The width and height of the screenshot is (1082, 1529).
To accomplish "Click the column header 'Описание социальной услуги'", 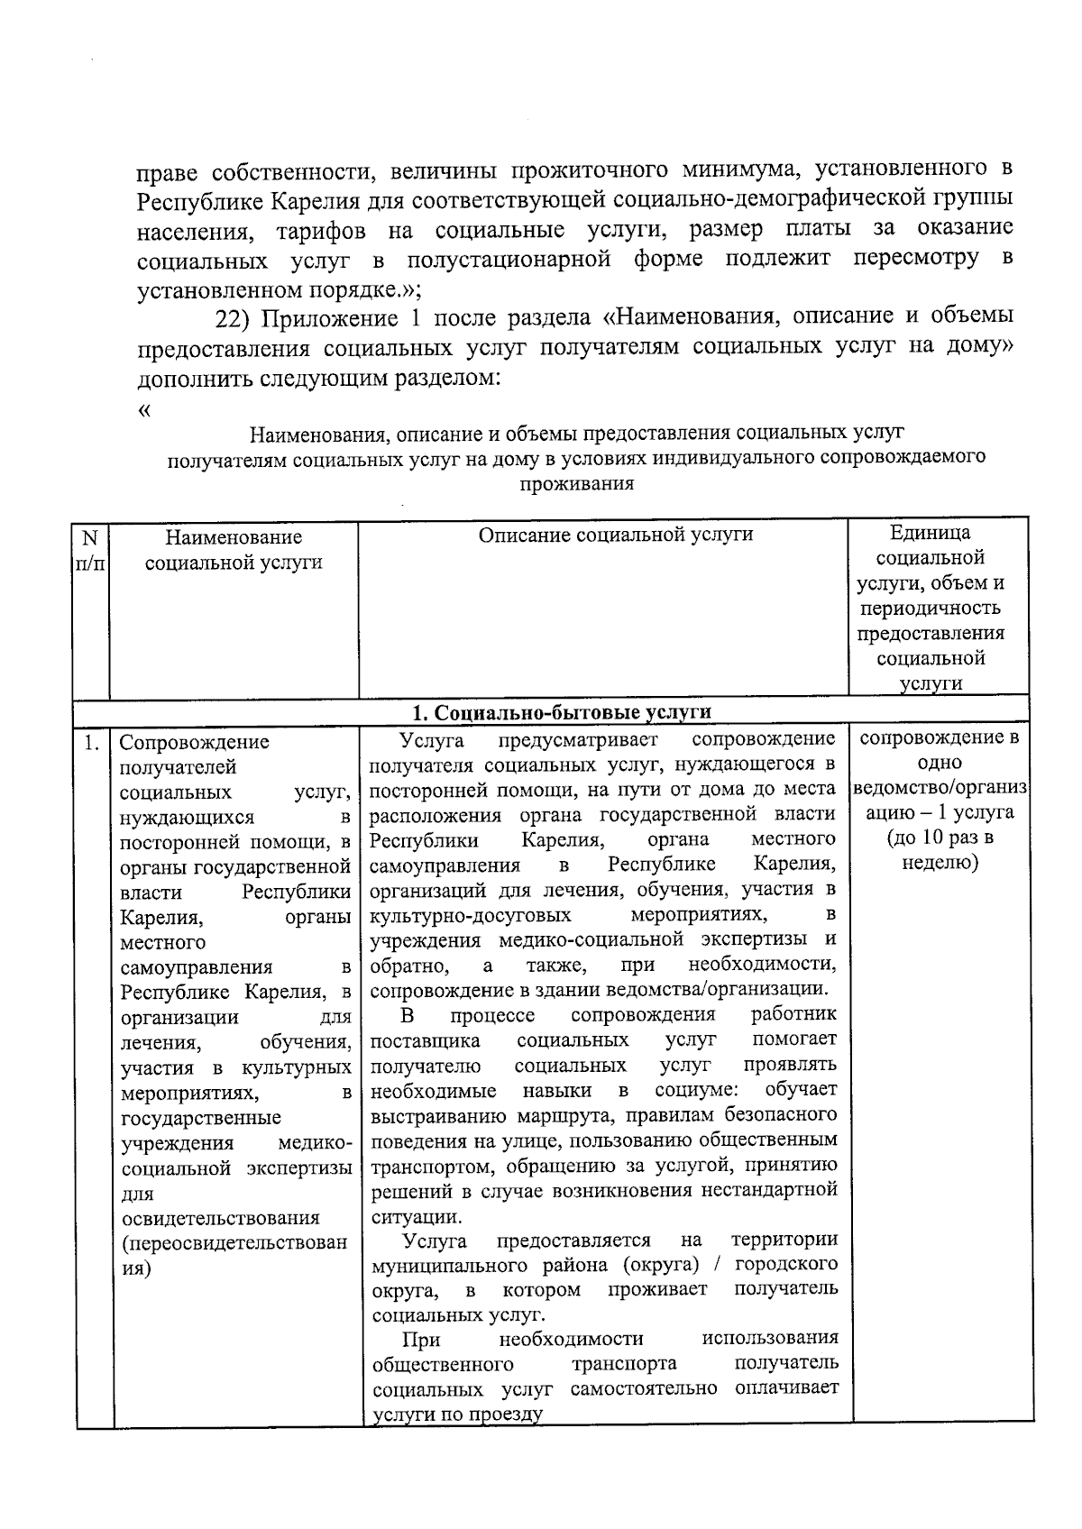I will point(615,536).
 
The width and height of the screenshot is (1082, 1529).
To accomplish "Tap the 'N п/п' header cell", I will point(90,550).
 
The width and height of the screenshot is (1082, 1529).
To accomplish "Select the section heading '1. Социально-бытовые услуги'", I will point(561,712).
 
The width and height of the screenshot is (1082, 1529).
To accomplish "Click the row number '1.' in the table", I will point(91,744).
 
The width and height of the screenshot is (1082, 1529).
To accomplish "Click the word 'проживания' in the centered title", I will point(577,484).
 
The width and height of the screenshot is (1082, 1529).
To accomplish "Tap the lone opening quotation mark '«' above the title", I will point(143,411).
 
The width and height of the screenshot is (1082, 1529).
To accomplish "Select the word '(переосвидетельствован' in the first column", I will point(234,1243).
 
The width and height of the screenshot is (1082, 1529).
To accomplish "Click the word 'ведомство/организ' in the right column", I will point(940,787).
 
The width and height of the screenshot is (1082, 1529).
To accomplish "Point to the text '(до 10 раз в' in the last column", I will point(940,838).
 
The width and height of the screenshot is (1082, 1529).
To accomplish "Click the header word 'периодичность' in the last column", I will point(931,608).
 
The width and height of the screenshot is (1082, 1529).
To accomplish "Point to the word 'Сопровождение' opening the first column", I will point(195,743).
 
